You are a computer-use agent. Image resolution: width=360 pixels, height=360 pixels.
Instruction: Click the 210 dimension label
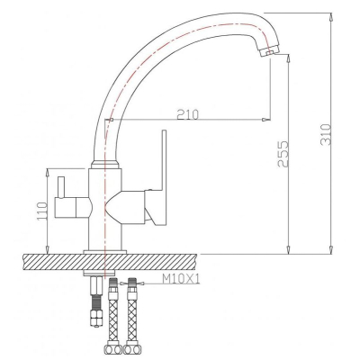(188, 114)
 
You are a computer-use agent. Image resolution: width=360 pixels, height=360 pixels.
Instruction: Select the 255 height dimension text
(283, 154)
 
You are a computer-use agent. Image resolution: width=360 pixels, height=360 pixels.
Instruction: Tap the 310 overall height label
(326, 135)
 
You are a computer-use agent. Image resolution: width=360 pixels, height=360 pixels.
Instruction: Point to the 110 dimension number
(42, 211)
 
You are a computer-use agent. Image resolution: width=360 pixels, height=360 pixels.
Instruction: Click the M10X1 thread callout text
(181, 280)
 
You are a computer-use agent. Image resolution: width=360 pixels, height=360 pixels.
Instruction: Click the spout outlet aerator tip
(269, 51)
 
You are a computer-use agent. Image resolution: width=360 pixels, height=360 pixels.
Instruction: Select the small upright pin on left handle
(61, 187)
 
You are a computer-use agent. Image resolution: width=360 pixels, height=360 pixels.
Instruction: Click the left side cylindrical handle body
(72, 207)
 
